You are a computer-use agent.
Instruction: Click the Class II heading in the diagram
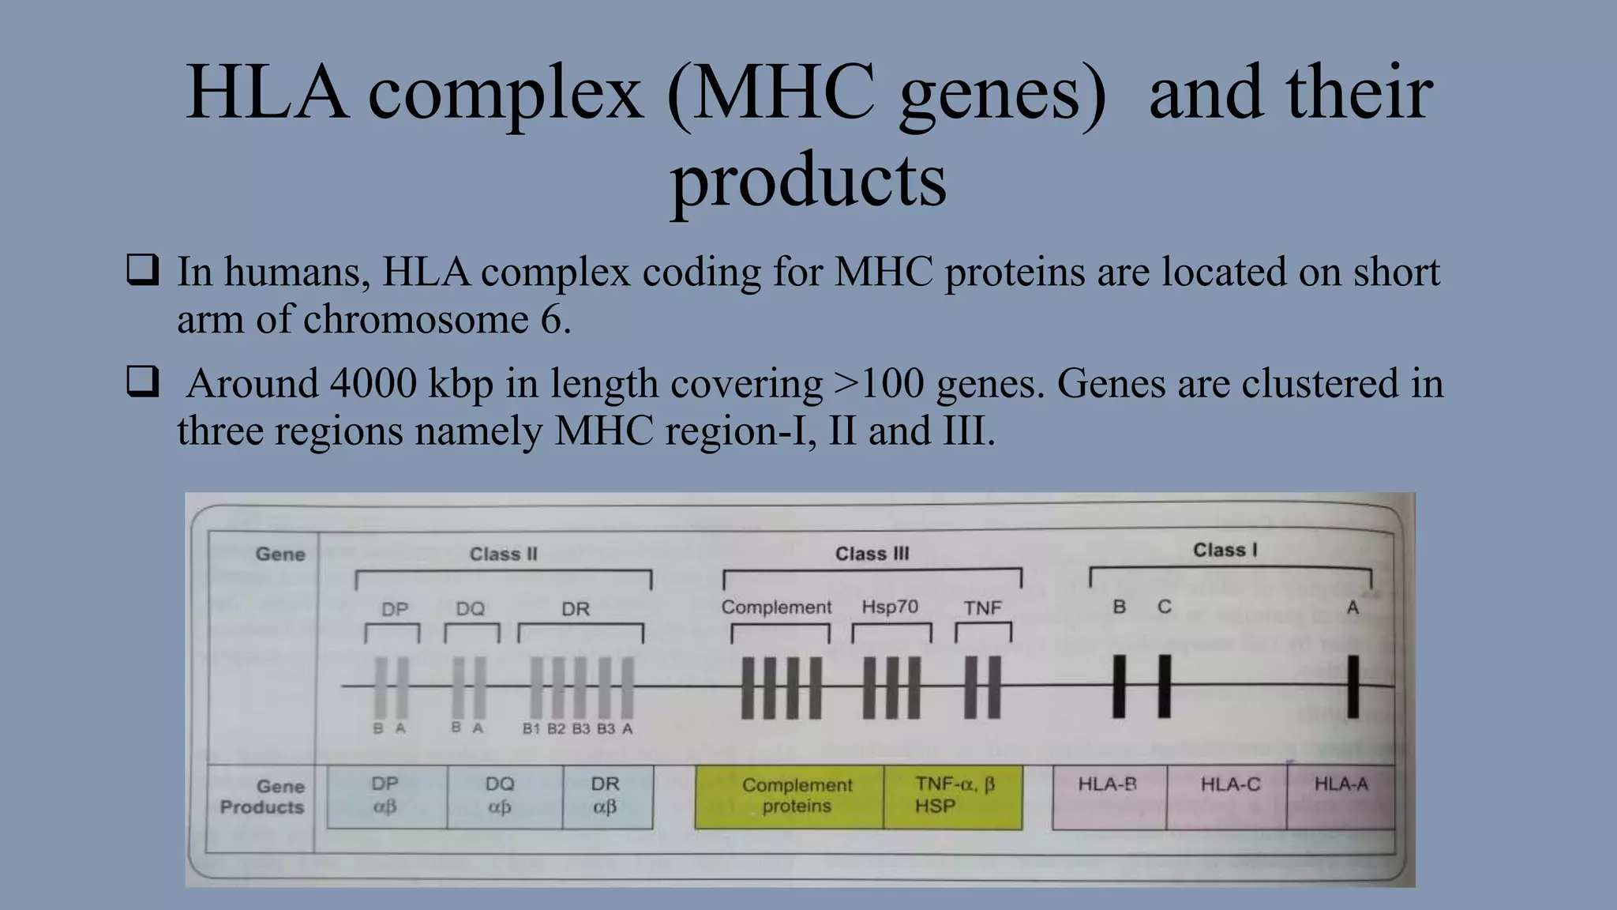(x=503, y=555)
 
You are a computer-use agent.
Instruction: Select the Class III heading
(x=872, y=555)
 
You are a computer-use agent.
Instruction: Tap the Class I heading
(x=1225, y=551)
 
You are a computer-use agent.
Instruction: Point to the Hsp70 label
(x=890, y=607)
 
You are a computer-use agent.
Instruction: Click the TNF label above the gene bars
(x=982, y=608)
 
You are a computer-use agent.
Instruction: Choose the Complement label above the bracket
(x=776, y=607)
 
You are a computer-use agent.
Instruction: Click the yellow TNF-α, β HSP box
(x=953, y=796)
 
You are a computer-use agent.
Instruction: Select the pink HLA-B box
(x=1109, y=796)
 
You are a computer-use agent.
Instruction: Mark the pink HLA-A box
(x=1341, y=796)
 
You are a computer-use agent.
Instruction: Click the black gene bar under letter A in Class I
(x=1353, y=686)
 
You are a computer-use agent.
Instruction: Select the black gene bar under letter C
(x=1165, y=686)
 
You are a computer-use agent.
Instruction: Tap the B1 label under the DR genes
(x=531, y=728)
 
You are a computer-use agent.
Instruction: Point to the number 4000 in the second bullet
(x=373, y=384)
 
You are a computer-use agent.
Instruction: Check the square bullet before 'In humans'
(x=142, y=270)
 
